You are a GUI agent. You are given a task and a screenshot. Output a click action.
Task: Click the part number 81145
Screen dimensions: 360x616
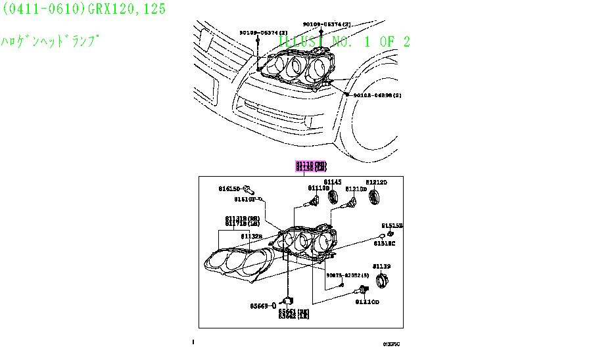click(x=333, y=182)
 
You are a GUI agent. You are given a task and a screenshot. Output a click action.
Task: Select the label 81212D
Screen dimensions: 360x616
click(x=377, y=182)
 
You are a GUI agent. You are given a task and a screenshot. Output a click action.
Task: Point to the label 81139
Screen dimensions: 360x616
click(x=381, y=266)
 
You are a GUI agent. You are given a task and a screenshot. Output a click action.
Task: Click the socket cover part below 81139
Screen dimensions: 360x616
click(x=380, y=281)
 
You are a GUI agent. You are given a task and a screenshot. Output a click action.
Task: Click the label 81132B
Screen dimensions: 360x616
click(x=251, y=236)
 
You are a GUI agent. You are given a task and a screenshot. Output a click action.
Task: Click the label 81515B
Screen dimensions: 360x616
click(x=395, y=225)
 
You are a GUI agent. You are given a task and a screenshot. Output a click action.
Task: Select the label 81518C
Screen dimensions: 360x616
click(x=385, y=243)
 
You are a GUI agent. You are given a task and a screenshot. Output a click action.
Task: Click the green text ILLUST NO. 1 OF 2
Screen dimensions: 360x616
click(x=344, y=42)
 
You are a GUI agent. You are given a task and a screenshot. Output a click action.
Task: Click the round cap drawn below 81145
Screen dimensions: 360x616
click(x=333, y=197)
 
